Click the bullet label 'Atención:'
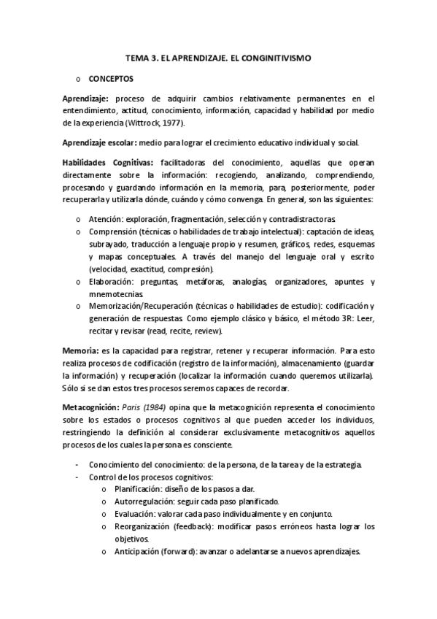[x=108, y=218]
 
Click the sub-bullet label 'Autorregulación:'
[x=145, y=501]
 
